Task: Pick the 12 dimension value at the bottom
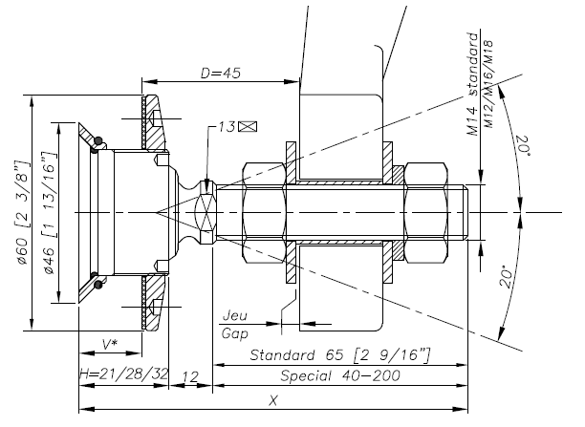[189, 374]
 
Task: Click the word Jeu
[234, 315]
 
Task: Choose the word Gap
[234, 332]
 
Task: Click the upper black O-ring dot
[95, 145]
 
